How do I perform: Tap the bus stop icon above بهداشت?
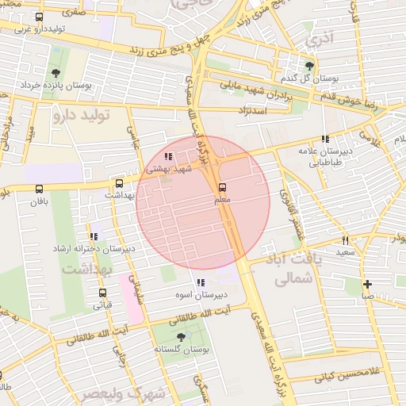(120, 182)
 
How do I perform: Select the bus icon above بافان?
(39, 189)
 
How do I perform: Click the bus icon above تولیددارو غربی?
(39, 17)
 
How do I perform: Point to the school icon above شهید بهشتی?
(167, 156)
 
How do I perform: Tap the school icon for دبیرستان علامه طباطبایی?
(325, 139)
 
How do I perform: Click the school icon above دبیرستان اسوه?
(200, 282)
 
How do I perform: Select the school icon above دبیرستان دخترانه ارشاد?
(94, 236)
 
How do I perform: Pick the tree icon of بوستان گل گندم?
(308, 66)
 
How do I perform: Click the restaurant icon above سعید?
(345, 239)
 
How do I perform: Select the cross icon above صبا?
(367, 284)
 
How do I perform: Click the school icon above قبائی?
(103, 292)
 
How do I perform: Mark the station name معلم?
(222, 201)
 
